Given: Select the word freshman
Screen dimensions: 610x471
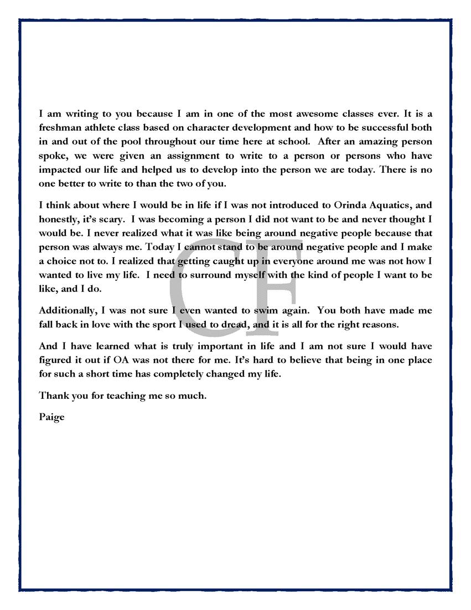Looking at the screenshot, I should click(60, 129).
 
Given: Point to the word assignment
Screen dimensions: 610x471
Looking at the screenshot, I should click(189, 156).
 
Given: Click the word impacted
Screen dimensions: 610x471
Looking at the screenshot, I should click(61, 170).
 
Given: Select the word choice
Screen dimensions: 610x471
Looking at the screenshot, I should click(64, 260).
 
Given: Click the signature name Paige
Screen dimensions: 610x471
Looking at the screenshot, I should click(52, 417).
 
